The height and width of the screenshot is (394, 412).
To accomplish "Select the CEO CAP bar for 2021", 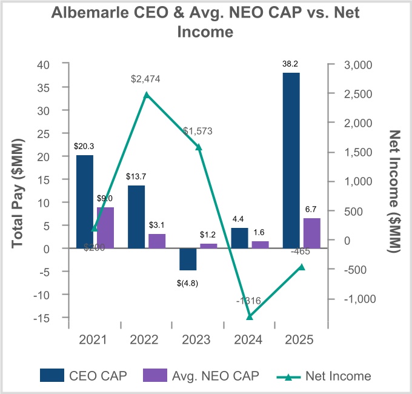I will point(85,201).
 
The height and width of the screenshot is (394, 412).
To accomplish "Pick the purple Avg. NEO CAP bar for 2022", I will point(157,241).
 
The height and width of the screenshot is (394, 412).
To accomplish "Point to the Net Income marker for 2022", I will point(147,95).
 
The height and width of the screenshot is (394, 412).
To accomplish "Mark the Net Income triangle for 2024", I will point(250,317).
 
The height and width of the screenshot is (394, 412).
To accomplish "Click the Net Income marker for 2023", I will point(198,147).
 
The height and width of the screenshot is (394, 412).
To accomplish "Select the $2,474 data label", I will point(147,79).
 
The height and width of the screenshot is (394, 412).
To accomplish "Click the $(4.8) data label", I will point(187,282).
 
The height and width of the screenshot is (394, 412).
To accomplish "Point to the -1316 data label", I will point(248,301).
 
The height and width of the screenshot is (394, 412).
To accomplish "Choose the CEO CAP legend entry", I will point(84,376).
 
